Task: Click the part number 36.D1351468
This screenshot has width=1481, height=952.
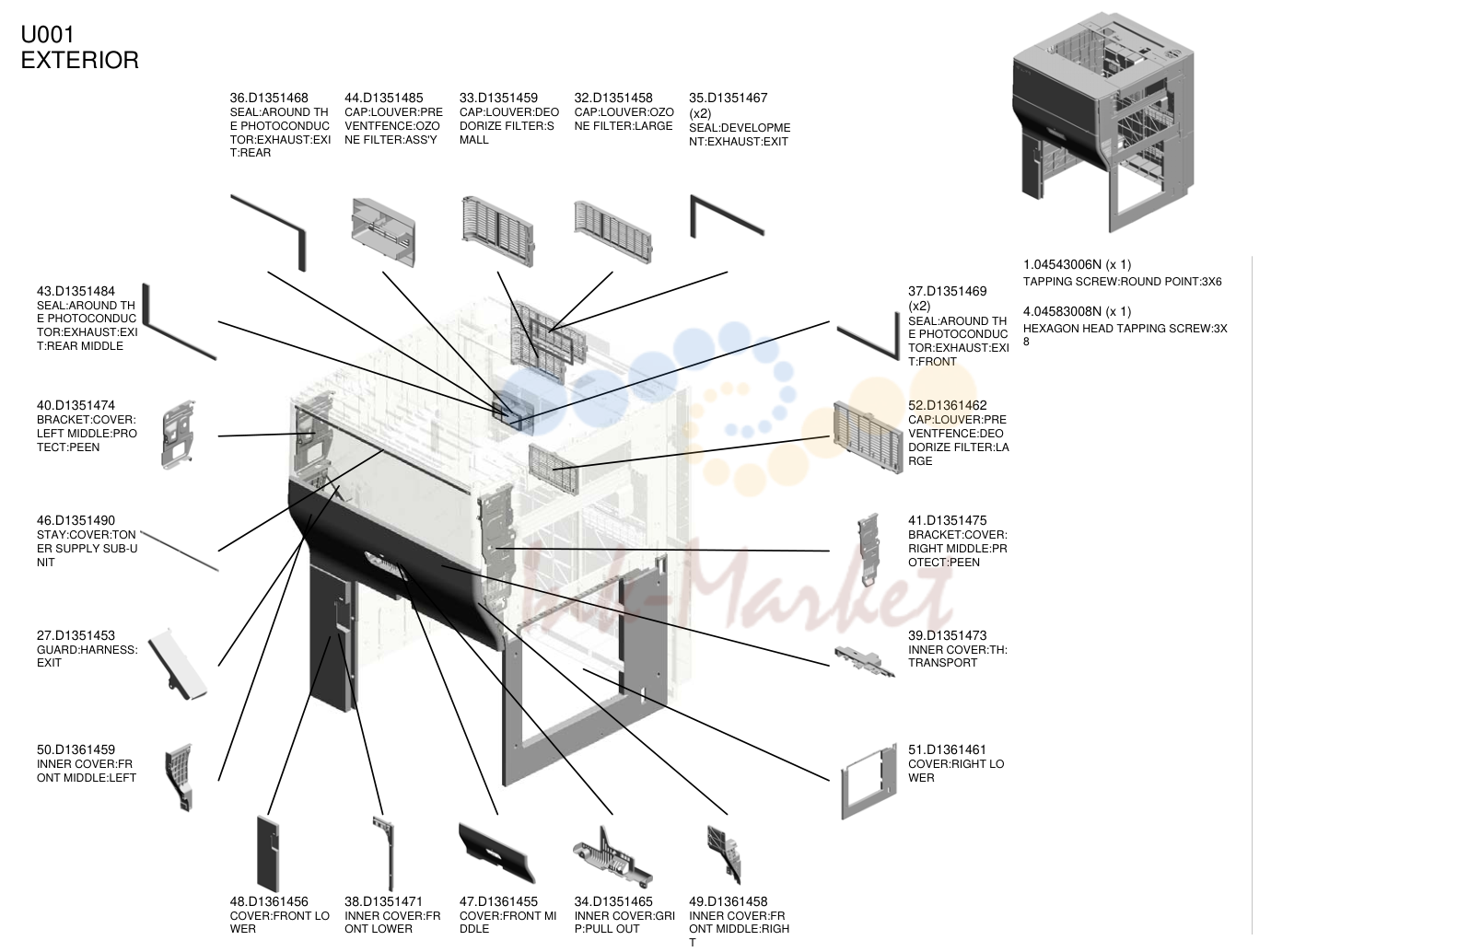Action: [x=269, y=98]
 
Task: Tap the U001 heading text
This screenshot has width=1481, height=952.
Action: [x=47, y=34]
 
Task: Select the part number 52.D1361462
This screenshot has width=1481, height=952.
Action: [x=948, y=405]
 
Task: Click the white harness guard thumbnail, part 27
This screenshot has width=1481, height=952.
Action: [x=177, y=665]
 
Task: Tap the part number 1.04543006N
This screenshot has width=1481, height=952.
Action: [x=1063, y=264]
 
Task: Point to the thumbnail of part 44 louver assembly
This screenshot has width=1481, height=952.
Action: [x=383, y=232]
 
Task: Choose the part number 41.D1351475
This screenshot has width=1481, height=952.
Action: [x=948, y=520]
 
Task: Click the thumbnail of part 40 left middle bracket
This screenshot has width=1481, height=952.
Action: [x=179, y=435]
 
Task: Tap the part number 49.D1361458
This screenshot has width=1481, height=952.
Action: [x=729, y=901]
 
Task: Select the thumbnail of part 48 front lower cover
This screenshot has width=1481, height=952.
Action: [x=267, y=853]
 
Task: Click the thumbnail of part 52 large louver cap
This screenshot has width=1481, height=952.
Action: [x=868, y=437]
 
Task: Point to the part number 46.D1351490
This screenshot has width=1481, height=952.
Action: [x=76, y=520]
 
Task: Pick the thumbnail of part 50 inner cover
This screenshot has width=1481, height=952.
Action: [x=180, y=777]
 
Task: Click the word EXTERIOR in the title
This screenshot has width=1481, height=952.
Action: [x=80, y=60]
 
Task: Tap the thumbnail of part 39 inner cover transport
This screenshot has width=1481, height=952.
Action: [x=865, y=661]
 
